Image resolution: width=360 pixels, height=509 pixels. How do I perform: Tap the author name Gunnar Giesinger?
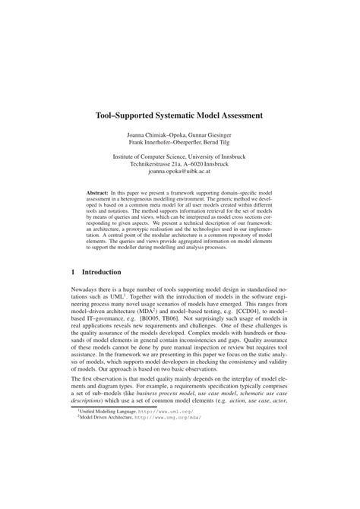tap(204, 134)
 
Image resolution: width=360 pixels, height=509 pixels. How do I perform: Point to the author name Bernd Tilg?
tap(224, 142)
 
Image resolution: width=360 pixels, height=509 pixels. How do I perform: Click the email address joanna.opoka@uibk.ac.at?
tap(180, 172)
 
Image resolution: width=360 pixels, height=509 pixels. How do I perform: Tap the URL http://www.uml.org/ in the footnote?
tap(163, 473)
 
